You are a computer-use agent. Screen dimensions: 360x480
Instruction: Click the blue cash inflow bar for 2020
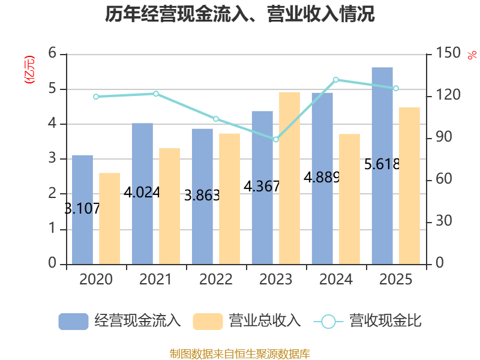82,209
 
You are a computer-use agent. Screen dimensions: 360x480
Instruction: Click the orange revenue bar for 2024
349,199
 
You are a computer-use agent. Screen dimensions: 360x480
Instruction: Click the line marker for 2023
276,139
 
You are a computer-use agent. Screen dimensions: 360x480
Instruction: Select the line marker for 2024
336,79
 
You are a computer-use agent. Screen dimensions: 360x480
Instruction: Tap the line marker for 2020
96,97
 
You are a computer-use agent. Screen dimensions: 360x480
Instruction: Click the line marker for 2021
156,94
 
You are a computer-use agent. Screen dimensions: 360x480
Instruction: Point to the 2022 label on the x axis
215,280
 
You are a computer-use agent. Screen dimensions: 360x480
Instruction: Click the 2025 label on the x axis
395,280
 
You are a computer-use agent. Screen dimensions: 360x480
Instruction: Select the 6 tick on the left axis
52,54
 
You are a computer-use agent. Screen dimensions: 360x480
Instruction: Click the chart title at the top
240,14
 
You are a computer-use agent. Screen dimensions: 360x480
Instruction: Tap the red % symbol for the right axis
472,56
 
